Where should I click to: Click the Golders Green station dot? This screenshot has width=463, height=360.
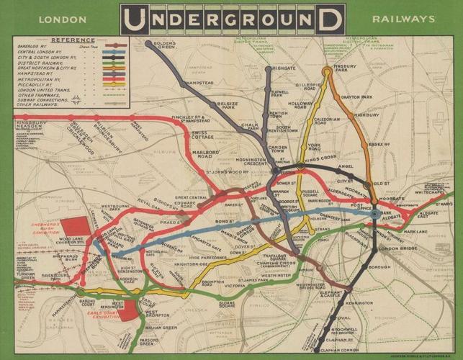pyautogui.click(x=149, y=44)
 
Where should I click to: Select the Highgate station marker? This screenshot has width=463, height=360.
pyautogui.click(x=268, y=69)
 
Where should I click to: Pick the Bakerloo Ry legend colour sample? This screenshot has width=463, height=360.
pyautogui.click(x=115, y=46)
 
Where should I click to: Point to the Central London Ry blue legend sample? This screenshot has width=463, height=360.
pyautogui.click(x=115, y=52)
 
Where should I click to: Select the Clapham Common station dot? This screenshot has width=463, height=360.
pyautogui.click(x=318, y=350)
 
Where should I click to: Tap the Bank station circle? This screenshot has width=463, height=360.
pyautogui.click(x=374, y=214)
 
